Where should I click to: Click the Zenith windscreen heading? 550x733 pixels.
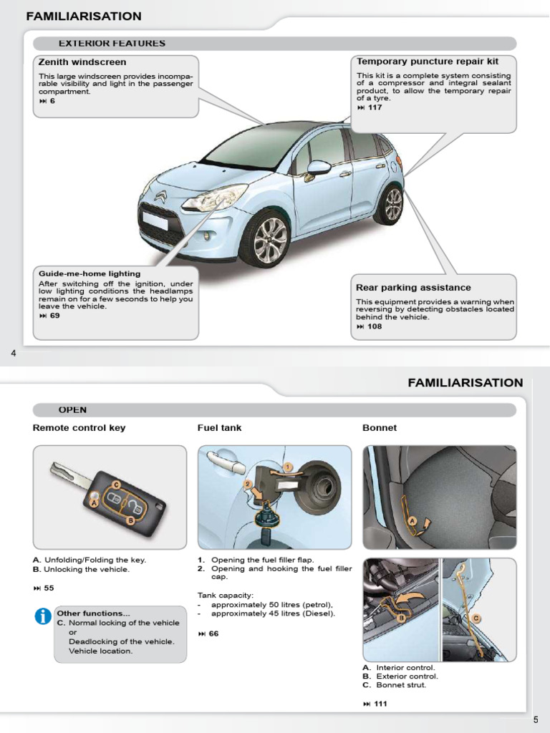(x=82, y=62)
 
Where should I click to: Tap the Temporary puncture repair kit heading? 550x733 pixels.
(x=428, y=62)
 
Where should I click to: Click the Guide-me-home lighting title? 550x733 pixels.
(x=90, y=273)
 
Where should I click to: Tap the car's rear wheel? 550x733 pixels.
(x=391, y=204)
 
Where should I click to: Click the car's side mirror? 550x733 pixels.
(x=317, y=168)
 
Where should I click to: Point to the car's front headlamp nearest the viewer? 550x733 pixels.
(x=214, y=198)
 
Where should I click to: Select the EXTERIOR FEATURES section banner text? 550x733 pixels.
(x=112, y=44)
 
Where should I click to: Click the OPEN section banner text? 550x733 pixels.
(x=72, y=410)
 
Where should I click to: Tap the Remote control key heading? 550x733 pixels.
(x=79, y=428)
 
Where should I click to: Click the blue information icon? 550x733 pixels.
(x=43, y=616)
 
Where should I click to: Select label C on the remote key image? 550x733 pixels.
(x=116, y=485)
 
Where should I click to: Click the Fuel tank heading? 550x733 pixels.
(x=219, y=428)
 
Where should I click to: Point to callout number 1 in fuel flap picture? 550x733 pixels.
(x=287, y=467)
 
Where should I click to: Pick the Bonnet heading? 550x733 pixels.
(x=380, y=428)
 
